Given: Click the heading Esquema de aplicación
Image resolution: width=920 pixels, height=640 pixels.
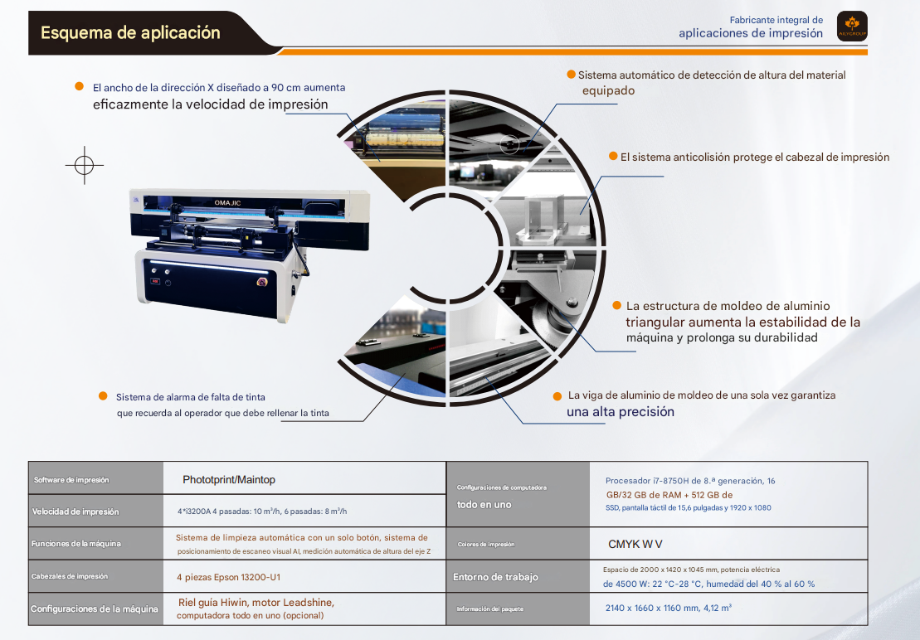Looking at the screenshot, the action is pyautogui.click(x=130, y=33).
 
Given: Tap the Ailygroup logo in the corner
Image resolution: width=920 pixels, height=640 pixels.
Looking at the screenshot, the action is pyautogui.click(x=852, y=27).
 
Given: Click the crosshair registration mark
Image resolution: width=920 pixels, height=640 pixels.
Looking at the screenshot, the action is pyautogui.click(x=85, y=165).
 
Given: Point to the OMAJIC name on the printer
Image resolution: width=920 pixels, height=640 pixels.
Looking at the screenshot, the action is pyautogui.click(x=227, y=203).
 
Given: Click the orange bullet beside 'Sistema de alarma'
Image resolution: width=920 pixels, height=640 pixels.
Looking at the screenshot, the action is pyautogui.click(x=103, y=396).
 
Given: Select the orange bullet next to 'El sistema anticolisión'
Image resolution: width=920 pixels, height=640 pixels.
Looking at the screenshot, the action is pyautogui.click(x=613, y=156).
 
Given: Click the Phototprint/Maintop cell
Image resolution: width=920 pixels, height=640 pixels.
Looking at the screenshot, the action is pyautogui.click(x=229, y=479).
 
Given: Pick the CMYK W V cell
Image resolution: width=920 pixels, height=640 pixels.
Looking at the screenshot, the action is pyautogui.click(x=635, y=544).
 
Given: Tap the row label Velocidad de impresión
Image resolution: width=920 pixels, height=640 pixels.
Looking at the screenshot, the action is pyautogui.click(x=75, y=512).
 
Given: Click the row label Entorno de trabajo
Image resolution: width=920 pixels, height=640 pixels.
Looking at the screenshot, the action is pyautogui.click(x=495, y=577).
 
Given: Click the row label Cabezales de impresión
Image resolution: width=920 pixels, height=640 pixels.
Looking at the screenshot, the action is pyautogui.click(x=70, y=577).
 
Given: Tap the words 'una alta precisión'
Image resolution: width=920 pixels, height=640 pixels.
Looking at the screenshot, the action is pyautogui.click(x=621, y=411).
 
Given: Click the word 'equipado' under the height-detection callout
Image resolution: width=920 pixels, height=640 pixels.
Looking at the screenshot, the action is pyautogui.click(x=608, y=91).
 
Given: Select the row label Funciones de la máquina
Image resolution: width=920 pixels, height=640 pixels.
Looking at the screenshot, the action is pyautogui.click(x=76, y=544).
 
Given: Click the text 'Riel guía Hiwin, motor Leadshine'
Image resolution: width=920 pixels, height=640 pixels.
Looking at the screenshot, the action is pyautogui.click(x=256, y=603).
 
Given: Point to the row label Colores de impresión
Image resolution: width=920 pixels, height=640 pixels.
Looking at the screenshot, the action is pyautogui.click(x=486, y=545).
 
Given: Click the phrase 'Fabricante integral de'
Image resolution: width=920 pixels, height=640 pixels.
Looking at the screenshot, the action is pyautogui.click(x=776, y=20).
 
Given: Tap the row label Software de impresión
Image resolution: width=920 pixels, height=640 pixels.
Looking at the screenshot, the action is pyautogui.click(x=71, y=480).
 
